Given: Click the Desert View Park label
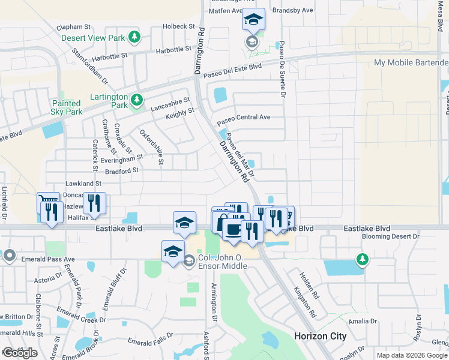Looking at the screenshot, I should (x=92, y=38).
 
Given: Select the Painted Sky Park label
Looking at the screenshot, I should (x=66, y=107).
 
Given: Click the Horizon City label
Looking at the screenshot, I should (x=320, y=336).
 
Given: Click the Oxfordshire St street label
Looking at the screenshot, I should (x=152, y=146).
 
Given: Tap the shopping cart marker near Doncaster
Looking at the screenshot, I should (x=48, y=201).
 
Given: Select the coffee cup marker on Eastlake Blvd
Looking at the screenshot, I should (x=232, y=228).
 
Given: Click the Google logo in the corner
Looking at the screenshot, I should (x=19, y=353).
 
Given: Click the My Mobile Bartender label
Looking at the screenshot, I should (x=411, y=62).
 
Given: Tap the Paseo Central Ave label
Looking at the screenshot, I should (x=244, y=118).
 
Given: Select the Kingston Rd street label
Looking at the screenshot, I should (x=305, y=301).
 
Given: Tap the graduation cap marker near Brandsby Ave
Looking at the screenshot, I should (x=253, y=20).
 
